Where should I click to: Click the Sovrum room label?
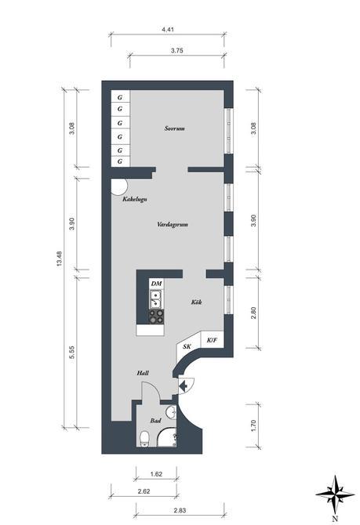(175, 128)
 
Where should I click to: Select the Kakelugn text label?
(135, 200)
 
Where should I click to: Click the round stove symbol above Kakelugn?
(119, 186)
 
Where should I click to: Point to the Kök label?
(197, 302)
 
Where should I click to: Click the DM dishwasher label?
(156, 282)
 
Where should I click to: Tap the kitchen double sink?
(156, 298)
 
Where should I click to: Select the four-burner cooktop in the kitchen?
(156, 316)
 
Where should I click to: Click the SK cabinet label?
(187, 346)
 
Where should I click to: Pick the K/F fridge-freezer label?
(211, 340)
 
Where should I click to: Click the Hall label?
(143, 374)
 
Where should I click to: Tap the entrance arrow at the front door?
(183, 384)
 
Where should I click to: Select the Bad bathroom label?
(156, 421)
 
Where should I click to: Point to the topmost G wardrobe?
(120, 97)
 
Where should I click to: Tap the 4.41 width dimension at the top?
(167, 30)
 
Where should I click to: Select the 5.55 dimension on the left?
(71, 352)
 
